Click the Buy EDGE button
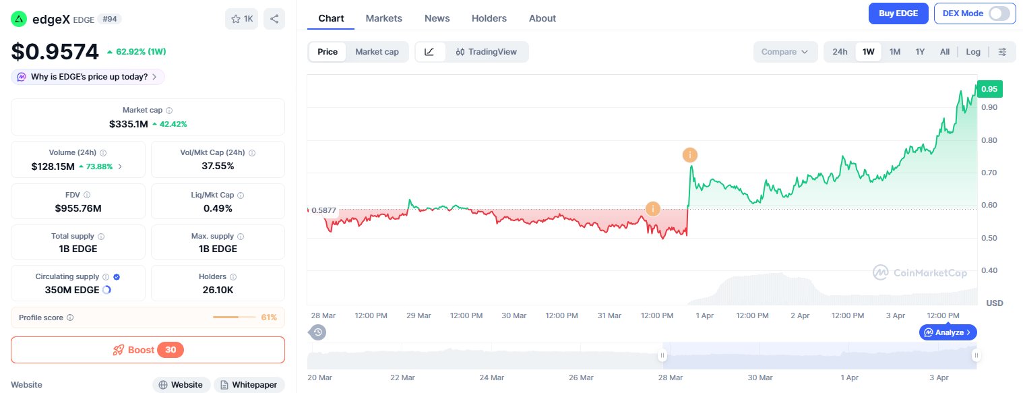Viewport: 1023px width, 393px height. click(x=898, y=13)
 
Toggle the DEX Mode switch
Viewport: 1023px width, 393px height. click(x=999, y=13)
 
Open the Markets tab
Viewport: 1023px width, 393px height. click(x=383, y=18)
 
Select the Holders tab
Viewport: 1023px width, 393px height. click(x=489, y=18)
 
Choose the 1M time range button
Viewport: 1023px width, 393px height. click(x=895, y=52)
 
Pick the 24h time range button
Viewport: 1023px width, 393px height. click(x=840, y=52)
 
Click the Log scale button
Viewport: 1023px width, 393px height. click(x=973, y=52)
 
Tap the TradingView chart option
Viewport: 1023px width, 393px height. click(x=487, y=52)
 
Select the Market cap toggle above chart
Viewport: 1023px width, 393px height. click(x=377, y=52)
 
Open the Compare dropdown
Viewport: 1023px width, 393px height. click(x=784, y=52)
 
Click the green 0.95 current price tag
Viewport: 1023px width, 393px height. click(x=989, y=89)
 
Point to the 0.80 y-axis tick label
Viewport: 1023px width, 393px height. click(x=989, y=140)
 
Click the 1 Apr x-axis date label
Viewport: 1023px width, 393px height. click(x=704, y=315)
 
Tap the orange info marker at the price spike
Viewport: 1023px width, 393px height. click(x=689, y=155)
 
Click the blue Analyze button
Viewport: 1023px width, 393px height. click(x=948, y=332)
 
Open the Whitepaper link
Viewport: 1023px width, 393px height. click(x=249, y=385)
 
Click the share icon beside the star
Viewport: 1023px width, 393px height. click(x=274, y=19)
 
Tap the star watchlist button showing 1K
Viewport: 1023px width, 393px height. click(x=241, y=19)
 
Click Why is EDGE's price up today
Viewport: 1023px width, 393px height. click(x=88, y=77)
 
